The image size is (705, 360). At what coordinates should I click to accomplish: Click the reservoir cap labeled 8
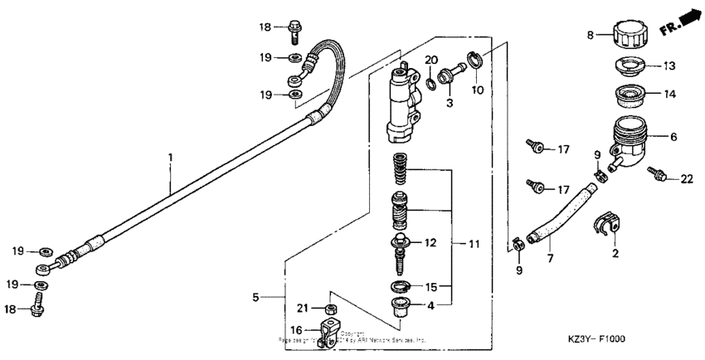click(x=630, y=36)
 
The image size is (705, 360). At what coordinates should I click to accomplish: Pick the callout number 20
click(x=430, y=60)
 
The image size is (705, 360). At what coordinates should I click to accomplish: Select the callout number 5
click(x=256, y=295)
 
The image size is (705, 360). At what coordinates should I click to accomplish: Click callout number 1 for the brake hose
click(x=171, y=157)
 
